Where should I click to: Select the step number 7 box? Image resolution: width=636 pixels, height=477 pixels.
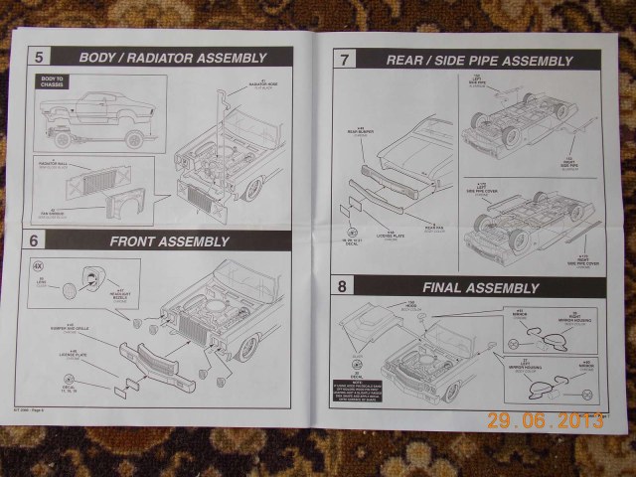pos(344,59)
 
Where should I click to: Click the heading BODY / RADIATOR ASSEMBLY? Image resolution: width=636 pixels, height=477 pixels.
pos(174,58)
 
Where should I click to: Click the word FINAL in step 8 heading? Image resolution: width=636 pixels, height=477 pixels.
pos(443,287)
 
